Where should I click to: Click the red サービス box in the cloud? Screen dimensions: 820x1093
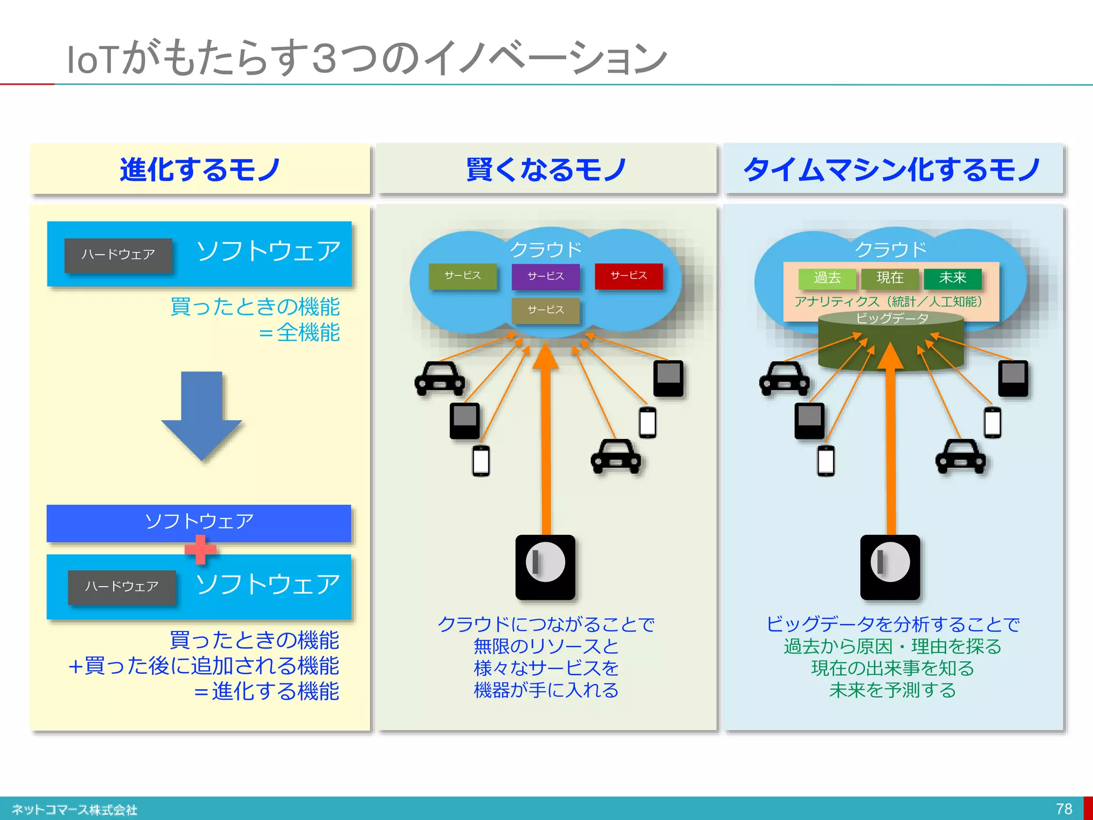coord(628,276)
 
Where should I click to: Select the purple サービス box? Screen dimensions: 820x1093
coord(545,277)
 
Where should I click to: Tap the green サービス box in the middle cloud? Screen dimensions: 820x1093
coord(463,276)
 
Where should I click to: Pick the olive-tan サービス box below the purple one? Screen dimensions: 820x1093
coord(545,310)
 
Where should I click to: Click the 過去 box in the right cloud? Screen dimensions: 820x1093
coord(827,278)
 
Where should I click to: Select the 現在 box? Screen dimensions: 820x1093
coord(890,278)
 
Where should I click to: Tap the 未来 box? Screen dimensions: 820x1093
coord(953,278)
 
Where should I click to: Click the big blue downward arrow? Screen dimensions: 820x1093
coord(201,414)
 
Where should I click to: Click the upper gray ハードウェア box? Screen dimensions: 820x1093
coord(118,255)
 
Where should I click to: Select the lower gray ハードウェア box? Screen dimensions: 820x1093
coord(122,587)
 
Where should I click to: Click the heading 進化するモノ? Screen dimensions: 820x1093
coord(200,170)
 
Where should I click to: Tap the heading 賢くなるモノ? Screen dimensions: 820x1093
coord(546,170)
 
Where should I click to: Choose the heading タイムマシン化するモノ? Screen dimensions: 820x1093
coord(892,170)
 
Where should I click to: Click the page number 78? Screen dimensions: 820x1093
coord(1064,809)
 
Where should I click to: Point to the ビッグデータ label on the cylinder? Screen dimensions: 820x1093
coord(892,319)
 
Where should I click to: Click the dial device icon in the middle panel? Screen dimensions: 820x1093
coord(545,567)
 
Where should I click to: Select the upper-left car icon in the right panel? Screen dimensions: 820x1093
coord(784,379)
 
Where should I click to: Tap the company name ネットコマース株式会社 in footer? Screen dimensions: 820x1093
coord(75,810)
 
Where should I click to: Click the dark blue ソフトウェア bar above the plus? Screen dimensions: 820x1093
coord(199,522)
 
